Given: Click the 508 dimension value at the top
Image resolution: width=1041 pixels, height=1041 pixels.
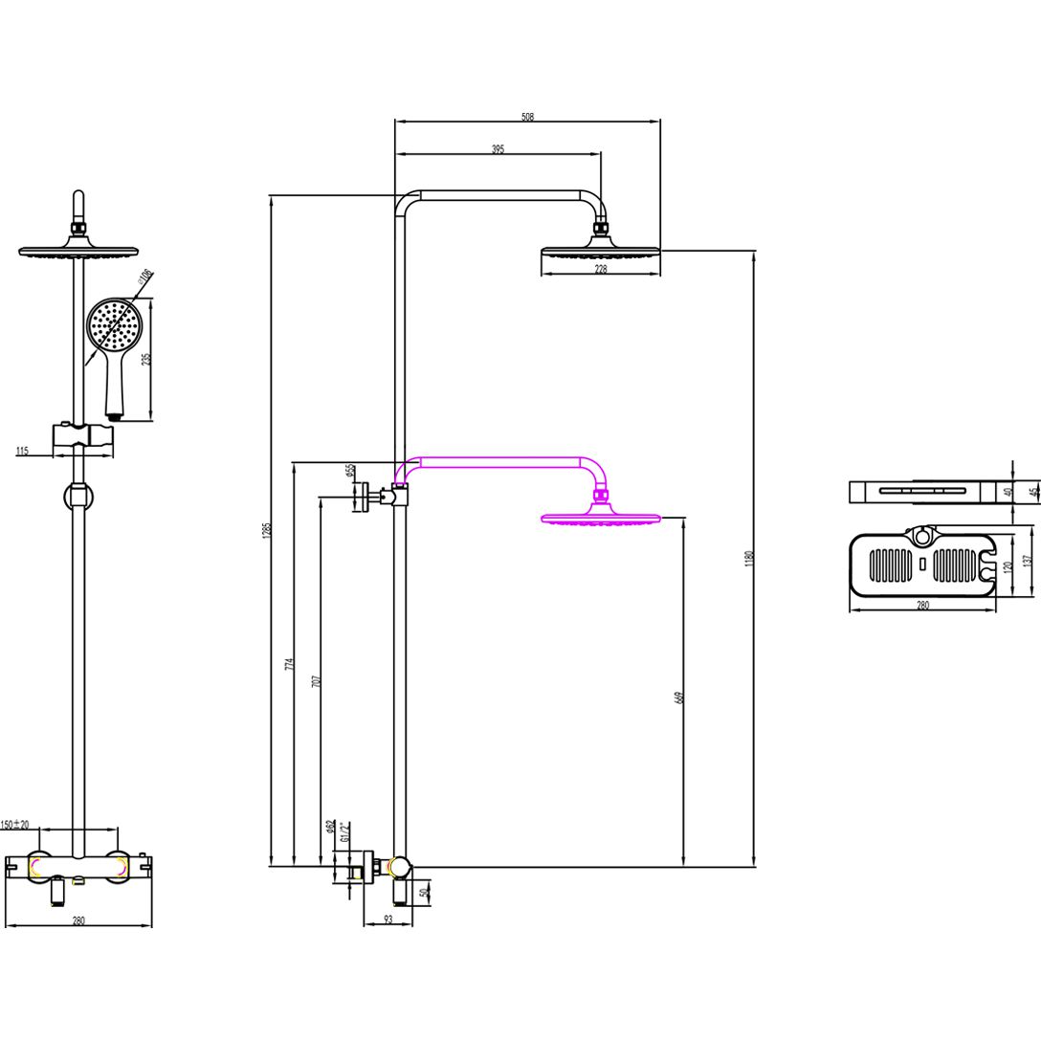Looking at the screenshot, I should pos(527,117).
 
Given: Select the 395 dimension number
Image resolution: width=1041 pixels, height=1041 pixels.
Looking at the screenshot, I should pos(498,149).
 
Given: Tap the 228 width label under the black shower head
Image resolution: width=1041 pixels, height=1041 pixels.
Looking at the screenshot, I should pos(601,270).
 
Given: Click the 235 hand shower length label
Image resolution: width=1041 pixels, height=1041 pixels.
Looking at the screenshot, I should pos(146,359).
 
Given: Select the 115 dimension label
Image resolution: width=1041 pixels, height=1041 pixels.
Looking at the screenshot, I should pos(22,451).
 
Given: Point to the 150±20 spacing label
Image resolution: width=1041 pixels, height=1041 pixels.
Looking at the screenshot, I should pos(15,824).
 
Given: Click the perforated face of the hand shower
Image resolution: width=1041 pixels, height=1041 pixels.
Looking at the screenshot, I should pos(114,324).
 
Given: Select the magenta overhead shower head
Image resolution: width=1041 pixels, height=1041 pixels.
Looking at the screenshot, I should pos(601,520).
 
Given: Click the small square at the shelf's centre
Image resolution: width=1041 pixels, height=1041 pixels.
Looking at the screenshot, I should pos(922,565).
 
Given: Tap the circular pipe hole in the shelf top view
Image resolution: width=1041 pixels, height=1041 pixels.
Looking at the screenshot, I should pos(922,537).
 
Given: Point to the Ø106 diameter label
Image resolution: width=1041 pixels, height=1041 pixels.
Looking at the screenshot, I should pos(145,278).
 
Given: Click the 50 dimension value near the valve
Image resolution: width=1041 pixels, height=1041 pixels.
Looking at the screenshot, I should pos(425,892).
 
